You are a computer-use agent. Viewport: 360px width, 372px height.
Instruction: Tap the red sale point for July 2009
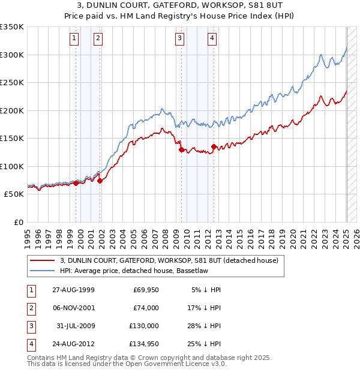tap(181, 150)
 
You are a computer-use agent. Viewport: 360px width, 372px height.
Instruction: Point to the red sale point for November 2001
tap(100, 181)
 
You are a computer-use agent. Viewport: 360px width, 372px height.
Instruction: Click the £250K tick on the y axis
tap(12, 83)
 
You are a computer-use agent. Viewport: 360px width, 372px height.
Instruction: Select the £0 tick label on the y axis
tap(18, 222)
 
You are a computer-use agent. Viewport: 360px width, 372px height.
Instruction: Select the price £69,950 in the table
tap(146, 290)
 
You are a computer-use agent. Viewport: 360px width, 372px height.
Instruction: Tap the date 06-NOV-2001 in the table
tap(73, 307)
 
